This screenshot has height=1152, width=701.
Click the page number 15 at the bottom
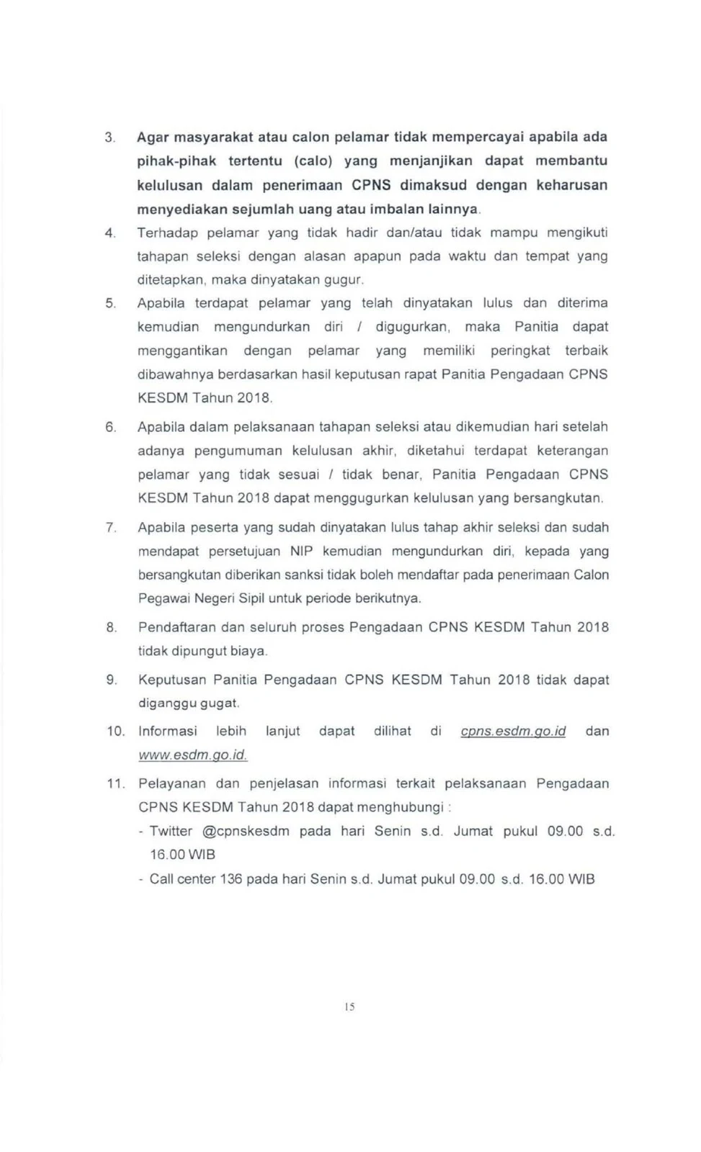click(350, 1007)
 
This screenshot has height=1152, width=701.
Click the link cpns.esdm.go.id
click(513, 732)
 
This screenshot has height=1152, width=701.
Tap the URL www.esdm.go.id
click(192, 755)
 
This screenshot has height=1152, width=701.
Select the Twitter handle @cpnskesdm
click(246, 832)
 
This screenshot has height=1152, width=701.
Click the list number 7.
click(111, 528)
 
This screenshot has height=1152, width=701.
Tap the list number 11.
click(115, 784)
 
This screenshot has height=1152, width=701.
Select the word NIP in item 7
click(301, 552)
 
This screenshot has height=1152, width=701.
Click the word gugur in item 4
click(345, 279)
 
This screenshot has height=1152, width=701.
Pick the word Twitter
click(171, 832)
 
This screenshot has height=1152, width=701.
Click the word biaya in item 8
click(249, 652)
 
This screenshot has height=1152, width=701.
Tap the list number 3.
click(110, 138)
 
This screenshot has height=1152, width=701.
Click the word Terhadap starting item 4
click(167, 233)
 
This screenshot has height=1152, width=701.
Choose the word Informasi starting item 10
click(167, 732)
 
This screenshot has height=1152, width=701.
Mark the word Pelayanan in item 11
click(171, 784)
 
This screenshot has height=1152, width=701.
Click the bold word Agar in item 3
click(153, 138)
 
